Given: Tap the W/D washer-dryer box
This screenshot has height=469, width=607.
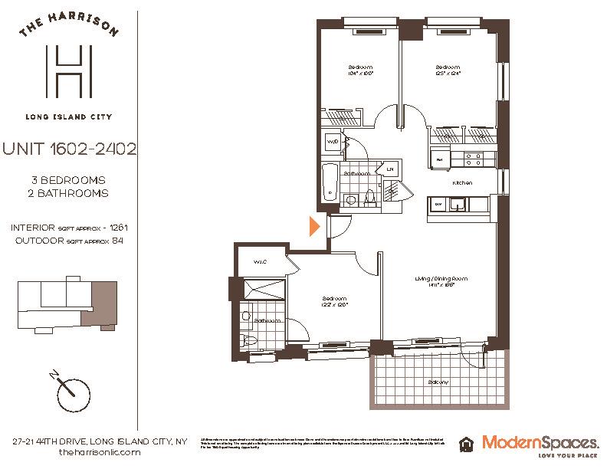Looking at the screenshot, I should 333,143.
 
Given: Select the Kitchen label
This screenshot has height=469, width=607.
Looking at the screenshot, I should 461,183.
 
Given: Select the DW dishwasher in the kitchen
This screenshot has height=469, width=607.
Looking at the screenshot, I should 438,205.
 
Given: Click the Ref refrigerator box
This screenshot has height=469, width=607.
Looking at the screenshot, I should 440,159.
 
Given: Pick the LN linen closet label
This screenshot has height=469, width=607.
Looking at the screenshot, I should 390,169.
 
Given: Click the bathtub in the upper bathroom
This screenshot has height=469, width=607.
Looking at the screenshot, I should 330,183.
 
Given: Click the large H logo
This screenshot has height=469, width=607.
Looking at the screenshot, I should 69,71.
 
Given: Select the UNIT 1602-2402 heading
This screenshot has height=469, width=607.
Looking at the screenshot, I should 69,149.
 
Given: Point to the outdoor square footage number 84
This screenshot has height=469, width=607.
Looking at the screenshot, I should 117,241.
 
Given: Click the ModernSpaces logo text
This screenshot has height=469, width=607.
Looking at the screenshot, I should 540,442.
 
